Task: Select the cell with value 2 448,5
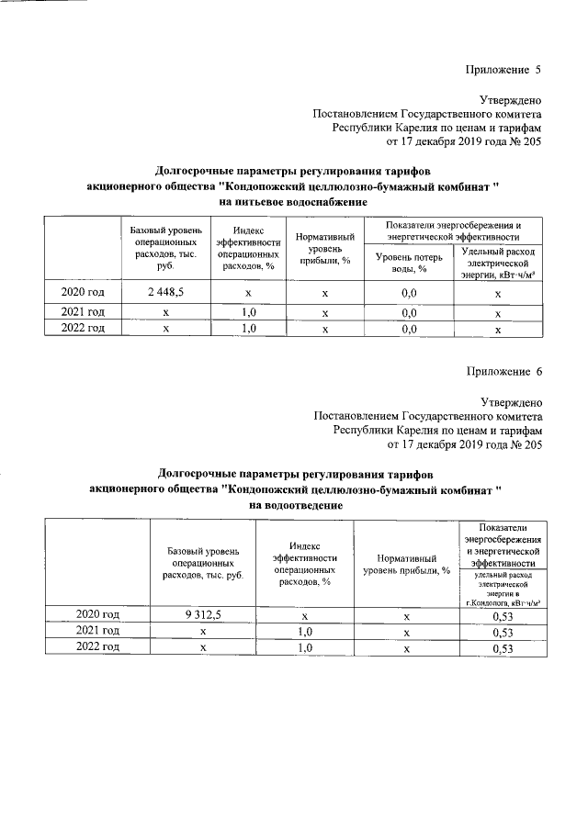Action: (x=166, y=293)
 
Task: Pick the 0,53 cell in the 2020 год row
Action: (x=502, y=615)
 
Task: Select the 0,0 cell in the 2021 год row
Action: (x=409, y=312)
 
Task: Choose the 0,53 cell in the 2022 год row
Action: (x=502, y=648)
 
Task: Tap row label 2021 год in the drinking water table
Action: (x=83, y=312)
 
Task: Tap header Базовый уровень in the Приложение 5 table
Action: (x=166, y=248)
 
